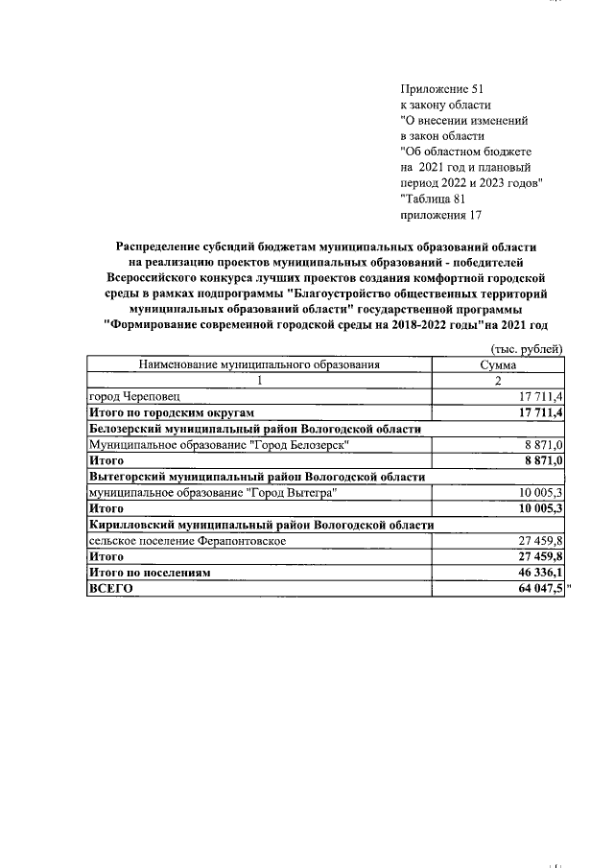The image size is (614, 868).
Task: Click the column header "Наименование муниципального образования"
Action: pos(259,364)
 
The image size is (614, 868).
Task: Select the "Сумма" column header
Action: pos(498,364)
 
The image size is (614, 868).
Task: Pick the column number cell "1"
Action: pos(259,380)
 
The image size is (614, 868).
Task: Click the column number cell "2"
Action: pos(498,380)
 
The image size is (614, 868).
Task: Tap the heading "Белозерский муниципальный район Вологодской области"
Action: pos(254,429)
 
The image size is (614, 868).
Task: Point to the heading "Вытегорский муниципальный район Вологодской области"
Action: pos(256,476)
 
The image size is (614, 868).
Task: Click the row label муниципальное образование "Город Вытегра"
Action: pos(212,492)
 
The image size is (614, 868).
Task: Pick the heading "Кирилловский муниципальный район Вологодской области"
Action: pos(261,525)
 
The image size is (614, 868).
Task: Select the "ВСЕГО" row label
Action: pos(110,589)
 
